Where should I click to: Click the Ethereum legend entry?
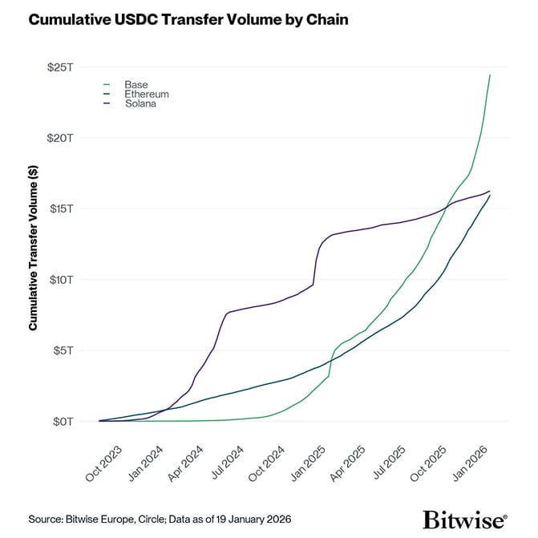coord(146,95)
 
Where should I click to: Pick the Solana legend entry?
coord(140,104)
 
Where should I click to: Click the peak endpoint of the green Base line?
coord(490,75)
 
